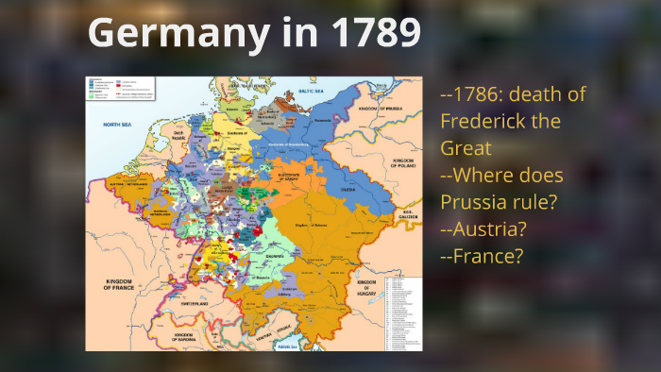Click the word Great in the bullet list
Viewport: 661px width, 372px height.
[464, 148]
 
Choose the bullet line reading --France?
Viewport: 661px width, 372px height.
[482, 256]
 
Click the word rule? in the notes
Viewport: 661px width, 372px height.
[542, 202]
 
